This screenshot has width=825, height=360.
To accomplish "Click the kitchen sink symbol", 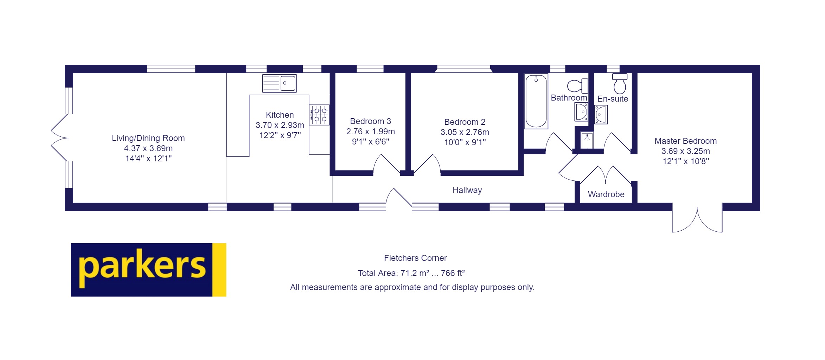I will click(x=280, y=83).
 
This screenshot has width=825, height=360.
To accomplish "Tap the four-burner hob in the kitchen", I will click(x=319, y=115).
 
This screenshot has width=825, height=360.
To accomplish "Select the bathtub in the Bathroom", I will click(x=536, y=101).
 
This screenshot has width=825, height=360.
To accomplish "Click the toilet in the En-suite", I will click(x=620, y=83).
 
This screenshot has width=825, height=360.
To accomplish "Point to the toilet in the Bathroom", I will click(x=577, y=86).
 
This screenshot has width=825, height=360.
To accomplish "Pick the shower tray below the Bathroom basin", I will click(x=587, y=140).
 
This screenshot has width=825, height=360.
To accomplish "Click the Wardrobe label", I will click(x=606, y=194).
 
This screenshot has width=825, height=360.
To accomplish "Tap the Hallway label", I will click(x=467, y=190).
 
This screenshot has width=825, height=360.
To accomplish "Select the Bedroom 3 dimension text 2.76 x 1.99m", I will click(x=370, y=131).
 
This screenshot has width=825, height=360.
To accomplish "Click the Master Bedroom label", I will click(x=685, y=141).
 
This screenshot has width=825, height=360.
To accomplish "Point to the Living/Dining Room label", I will click(x=148, y=138).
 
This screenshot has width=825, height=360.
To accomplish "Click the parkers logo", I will click(x=148, y=270).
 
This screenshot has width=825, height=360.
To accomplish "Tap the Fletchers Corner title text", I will click(x=415, y=258).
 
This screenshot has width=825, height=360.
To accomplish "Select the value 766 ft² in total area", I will click(x=453, y=273).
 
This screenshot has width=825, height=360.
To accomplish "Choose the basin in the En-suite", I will click(x=601, y=115).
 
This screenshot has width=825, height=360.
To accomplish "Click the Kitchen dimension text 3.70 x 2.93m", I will click(x=280, y=125).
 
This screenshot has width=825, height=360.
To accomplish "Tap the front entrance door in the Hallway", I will click(x=398, y=200).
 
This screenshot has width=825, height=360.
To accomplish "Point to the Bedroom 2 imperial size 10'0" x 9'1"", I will click(x=465, y=142).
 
